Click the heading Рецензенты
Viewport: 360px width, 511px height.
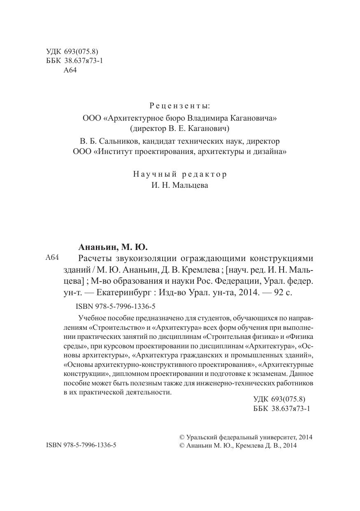tap(179, 106)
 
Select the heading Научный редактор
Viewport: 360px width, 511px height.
tap(179, 174)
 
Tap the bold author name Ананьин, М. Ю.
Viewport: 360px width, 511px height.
tap(113, 247)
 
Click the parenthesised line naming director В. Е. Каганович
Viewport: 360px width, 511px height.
tap(179, 129)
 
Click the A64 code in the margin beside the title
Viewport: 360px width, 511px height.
tap(53, 258)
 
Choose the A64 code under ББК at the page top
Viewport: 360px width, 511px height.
tap(71, 70)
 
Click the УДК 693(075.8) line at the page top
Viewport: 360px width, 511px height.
tap(72, 51)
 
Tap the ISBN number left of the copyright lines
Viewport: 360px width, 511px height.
tap(81, 445)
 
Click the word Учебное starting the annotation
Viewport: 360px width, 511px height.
tap(93, 318)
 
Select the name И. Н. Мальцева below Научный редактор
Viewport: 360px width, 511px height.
tap(179, 185)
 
